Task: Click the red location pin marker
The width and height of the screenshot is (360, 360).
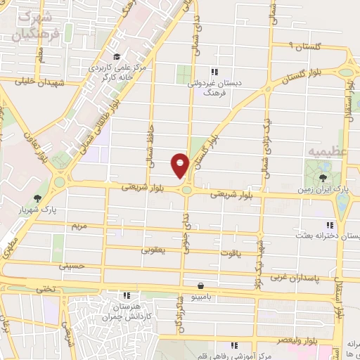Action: point(181,165)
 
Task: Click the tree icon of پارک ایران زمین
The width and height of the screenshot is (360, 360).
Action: point(323,177)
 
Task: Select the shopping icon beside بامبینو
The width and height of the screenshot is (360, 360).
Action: point(202,285)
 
